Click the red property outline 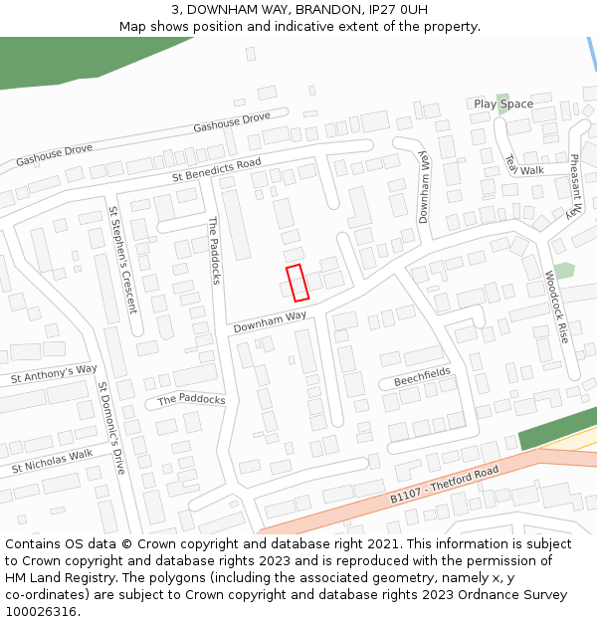(298, 283)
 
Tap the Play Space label (503, 104)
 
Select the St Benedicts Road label (216, 169)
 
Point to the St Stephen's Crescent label (122, 259)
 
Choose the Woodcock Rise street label (556, 307)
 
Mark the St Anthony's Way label (54, 374)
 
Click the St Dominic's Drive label (111, 426)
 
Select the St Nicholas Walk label (52, 461)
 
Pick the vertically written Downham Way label (423, 187)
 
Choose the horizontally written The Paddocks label (191, 399)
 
